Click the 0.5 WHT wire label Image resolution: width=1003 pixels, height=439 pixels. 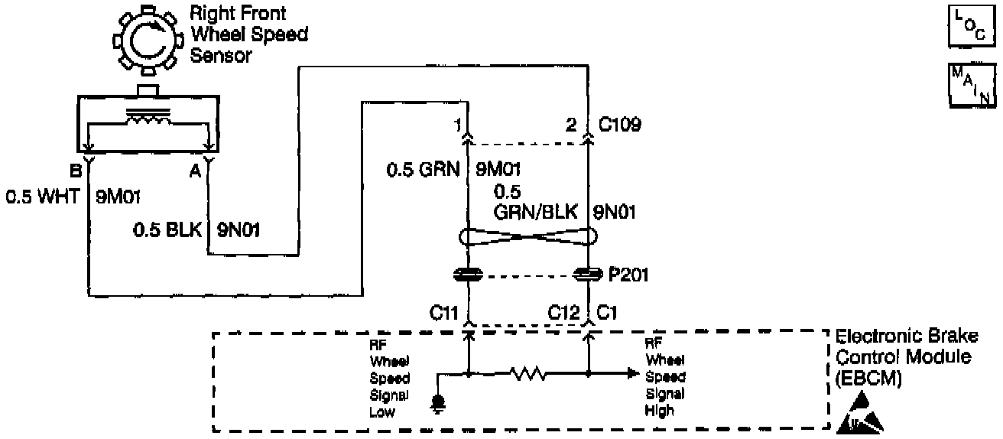pos(43,197)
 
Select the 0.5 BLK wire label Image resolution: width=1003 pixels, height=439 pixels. pos(167,229)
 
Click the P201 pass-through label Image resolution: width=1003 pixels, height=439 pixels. pos(628,275)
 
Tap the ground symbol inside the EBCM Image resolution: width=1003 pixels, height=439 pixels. pos(438,402)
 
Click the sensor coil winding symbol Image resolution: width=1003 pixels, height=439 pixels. pos(149,119)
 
